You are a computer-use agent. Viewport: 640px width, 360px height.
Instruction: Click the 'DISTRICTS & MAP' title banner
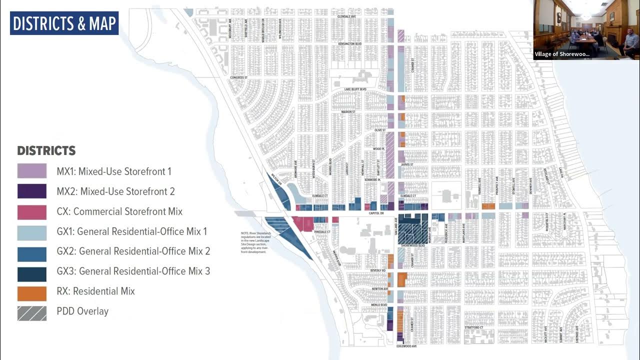[64, 23]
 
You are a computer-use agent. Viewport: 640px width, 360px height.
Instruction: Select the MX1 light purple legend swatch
[32, 171]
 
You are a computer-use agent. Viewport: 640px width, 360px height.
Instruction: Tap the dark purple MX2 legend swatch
[32, 191]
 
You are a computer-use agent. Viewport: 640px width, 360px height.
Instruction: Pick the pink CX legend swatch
[32, 211]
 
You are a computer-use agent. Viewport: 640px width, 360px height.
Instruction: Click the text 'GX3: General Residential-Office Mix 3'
[133, 271]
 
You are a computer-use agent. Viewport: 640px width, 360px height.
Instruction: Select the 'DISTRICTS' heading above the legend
[46, 150]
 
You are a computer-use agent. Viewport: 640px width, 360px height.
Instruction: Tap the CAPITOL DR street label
[375, 213]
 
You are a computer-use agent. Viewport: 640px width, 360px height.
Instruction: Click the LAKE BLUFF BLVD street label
[355, 89]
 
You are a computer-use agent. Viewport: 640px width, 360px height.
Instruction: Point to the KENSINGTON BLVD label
[349, 44]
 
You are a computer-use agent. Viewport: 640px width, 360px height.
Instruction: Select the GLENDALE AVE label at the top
[346, 16]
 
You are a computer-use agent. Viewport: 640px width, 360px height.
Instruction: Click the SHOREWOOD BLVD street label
[413, 246]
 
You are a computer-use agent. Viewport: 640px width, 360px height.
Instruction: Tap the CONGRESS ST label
[238, 78]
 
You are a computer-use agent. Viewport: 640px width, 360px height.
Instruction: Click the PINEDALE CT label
[322, 232]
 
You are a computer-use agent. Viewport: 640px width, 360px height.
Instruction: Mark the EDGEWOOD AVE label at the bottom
[406, 346]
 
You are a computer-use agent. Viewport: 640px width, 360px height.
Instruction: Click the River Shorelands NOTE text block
[256, 242]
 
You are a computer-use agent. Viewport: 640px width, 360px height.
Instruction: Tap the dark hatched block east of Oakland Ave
[413, 232]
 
